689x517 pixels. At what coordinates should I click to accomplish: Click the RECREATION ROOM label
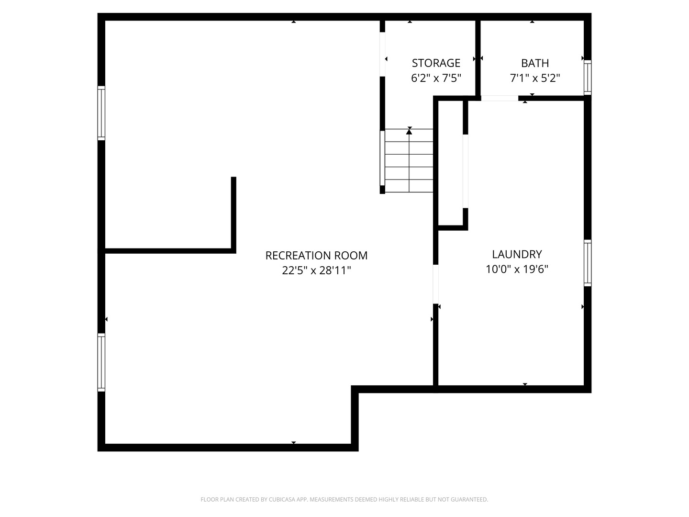pyautogui.click(x=316, y=256)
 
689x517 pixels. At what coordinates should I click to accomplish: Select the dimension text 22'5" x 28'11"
pyautogui.click(x=316, y=270)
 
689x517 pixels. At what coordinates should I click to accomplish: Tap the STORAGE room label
pyautogui.click(x=436, y=63)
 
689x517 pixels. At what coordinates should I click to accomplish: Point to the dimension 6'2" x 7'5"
pyautogui.click(x=436, y=78)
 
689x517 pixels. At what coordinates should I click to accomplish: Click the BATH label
pyautogui.click(x=534, y=63)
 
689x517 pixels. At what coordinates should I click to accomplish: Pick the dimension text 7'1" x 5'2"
pyautogui.click(x=534, y=78)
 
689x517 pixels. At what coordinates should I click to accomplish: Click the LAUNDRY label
pyautogui.click(x=517, y=254)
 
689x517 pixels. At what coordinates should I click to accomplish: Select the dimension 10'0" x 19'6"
pyautogui.click(x=517, y=269)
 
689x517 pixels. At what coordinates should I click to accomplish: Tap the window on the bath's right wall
pyautogui.click(x=588, y=77)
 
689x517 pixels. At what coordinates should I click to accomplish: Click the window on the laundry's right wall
pyautogui.click(x=588, y=263)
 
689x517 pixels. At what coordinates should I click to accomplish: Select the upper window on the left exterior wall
pyautogui.click(x=101, y=113)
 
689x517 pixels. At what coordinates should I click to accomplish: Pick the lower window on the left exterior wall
pyautogui.click(x=101, y=362)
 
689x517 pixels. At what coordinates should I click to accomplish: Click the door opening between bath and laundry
pyautogui.click(x=499, y=98)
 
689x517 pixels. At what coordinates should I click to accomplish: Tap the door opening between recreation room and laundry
pyautogui.click(x=435, y=284)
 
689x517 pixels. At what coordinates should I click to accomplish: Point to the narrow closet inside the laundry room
pyautogui.click(x=451, y=163)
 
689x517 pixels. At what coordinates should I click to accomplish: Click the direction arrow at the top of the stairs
pyautogui.click(x=409, y=131)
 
